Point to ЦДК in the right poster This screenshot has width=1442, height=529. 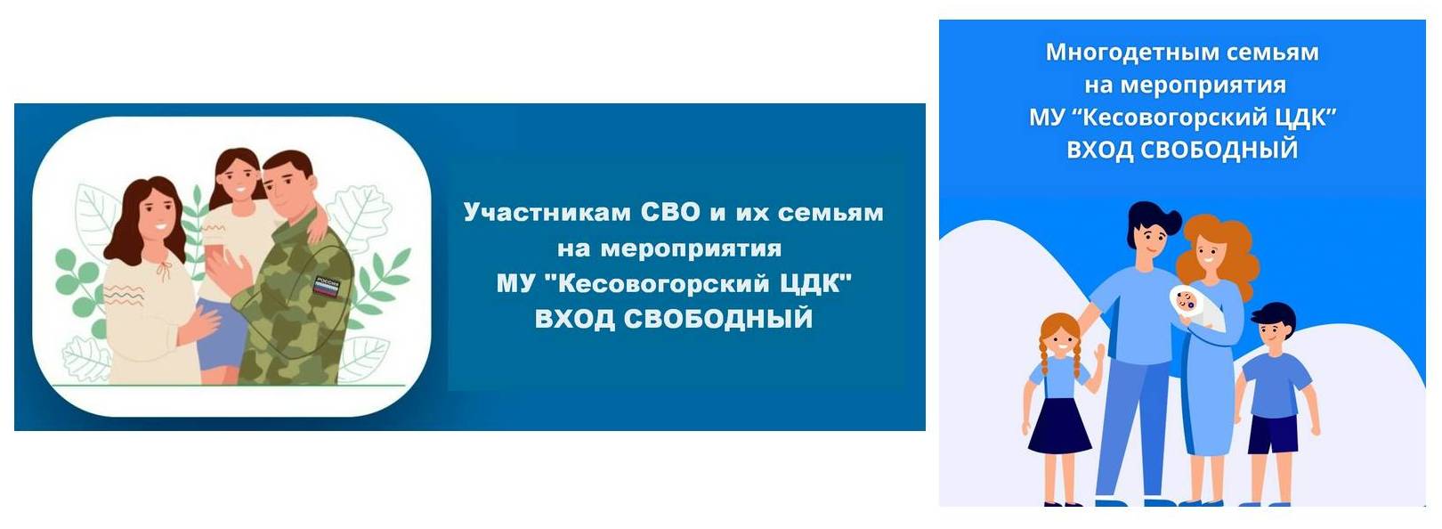pos(1305,118)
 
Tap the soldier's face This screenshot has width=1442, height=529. pos(284,190)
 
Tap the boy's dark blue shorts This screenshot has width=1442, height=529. pos(1272,435)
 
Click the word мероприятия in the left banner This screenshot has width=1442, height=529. pos(692,249)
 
